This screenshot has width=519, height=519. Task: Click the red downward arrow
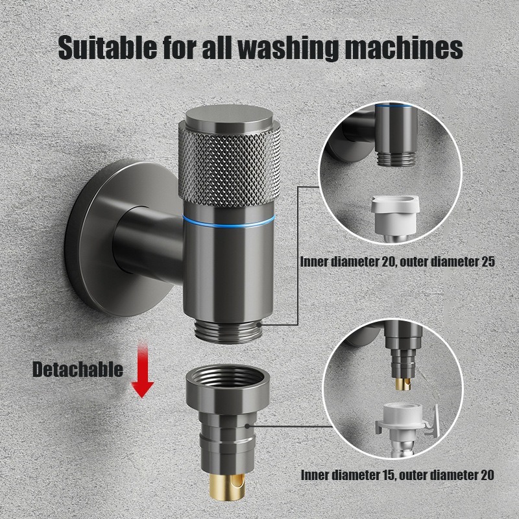pos(142,372)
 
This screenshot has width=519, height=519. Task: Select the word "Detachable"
pos(77,370)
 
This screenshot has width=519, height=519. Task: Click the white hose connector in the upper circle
pos(393,217)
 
